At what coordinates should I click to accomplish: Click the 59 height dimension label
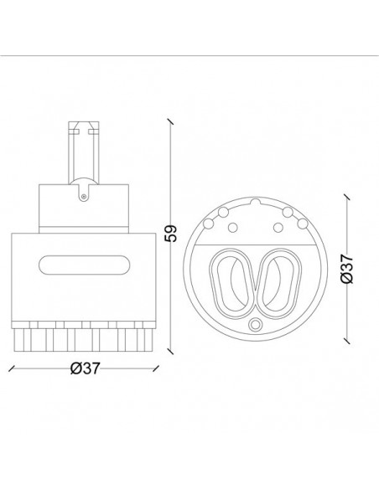(171, 233)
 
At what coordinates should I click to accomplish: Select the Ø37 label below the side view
(85, 368)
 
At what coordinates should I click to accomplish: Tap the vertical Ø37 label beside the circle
(347, 269)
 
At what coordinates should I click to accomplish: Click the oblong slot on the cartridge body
(84, 265)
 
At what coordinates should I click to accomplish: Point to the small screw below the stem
(83, 197)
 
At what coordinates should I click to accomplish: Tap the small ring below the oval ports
(256, 324)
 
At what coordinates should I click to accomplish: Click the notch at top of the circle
(256, 201)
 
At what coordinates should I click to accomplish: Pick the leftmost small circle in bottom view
(208, 224)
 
